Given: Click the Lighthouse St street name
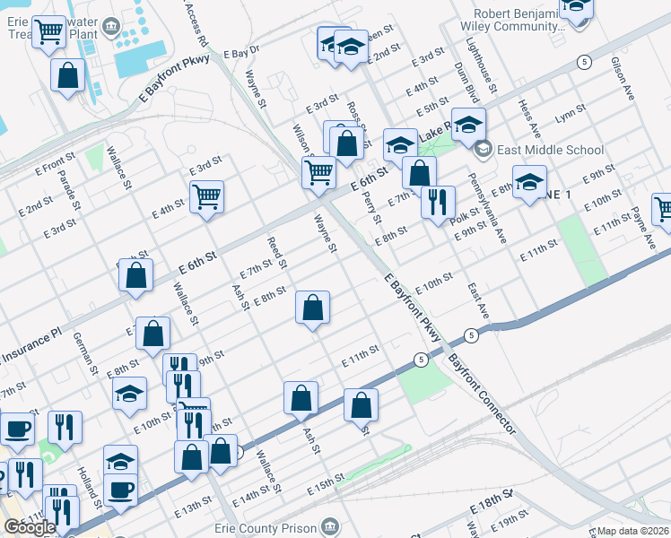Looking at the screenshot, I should (489, 77).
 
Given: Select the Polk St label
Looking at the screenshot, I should (467, 214).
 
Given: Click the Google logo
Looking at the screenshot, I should (30, 527).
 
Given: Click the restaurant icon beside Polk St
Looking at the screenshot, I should (438, 203).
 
